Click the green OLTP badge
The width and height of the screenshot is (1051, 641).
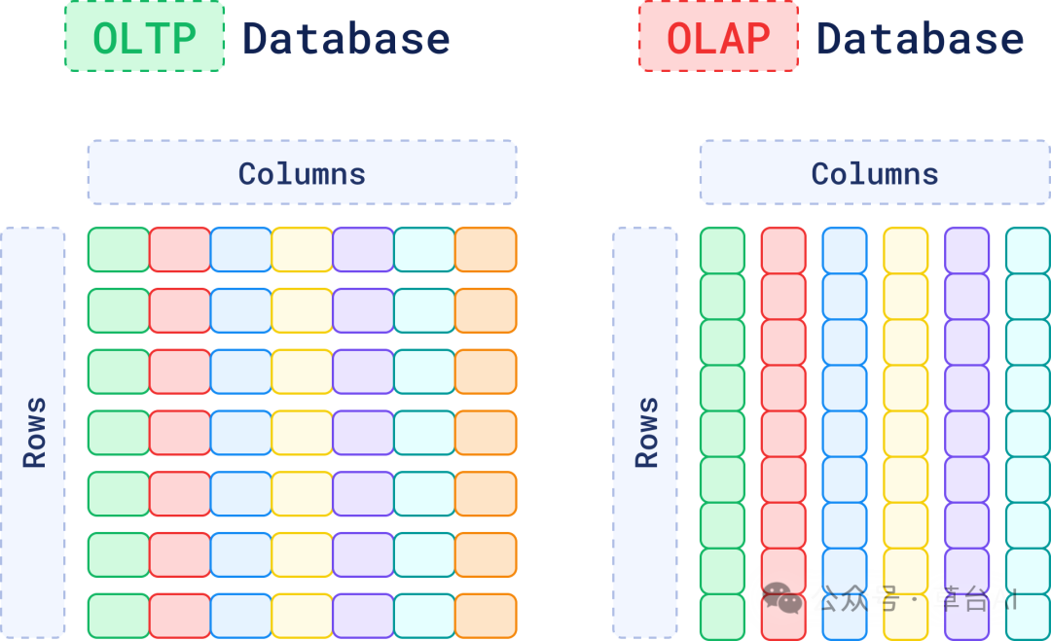[144, 37]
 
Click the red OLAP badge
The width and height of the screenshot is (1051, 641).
[718, 37]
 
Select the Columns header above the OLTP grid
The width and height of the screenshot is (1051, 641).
[302, 173]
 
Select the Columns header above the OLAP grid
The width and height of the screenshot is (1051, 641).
[874, 173]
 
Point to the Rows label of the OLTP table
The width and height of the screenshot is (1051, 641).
[34, 432]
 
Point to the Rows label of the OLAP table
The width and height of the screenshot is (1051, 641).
[646, 432]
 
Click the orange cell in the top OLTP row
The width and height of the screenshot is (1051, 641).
[486, 250]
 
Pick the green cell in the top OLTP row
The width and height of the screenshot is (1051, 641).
[119, 250]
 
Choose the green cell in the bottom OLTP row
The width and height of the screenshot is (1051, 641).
[119, 616]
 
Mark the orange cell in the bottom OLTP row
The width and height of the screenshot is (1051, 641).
[486, 616]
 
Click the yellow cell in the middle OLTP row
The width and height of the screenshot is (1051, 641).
[302, 433]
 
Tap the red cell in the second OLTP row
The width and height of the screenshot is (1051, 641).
[180, 310]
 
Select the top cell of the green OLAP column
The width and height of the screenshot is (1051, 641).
[722, 250]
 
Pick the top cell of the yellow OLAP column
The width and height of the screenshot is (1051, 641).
[905, 250]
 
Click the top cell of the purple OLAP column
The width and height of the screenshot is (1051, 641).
[966, 250]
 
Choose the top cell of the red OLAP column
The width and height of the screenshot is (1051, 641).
[783, 250]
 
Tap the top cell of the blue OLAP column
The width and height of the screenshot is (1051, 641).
[844, 250]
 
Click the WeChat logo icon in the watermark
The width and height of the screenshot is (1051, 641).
[783, 598]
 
